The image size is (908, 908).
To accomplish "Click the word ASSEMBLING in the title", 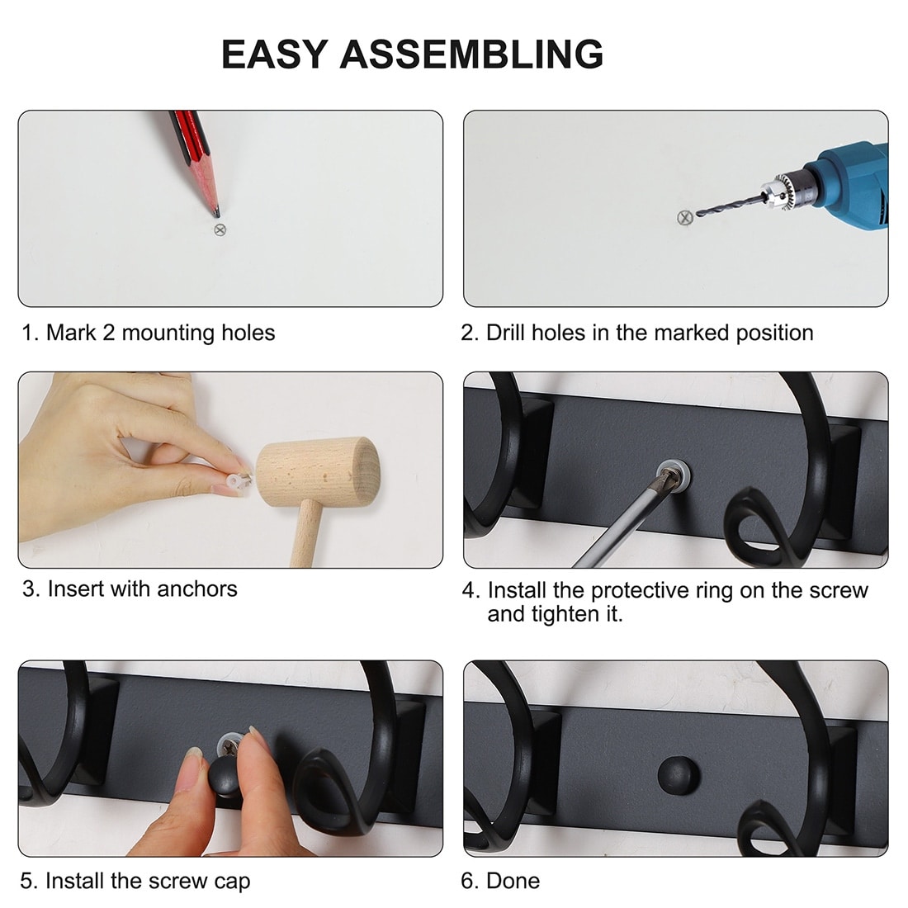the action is coord(471,54).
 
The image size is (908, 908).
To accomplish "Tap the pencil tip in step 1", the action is coord(216,214).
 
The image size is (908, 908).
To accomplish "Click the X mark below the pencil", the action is coord(220,230).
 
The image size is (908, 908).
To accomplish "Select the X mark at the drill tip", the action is coord(685,218).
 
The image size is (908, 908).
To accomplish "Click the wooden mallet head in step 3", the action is coord(317,471).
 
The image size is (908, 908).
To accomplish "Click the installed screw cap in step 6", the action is coord(679,774).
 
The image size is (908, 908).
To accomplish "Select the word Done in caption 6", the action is coord(513,881).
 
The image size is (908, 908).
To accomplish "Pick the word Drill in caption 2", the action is coord(505,333).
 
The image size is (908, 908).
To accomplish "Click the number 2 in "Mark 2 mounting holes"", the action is coord(109,333).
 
